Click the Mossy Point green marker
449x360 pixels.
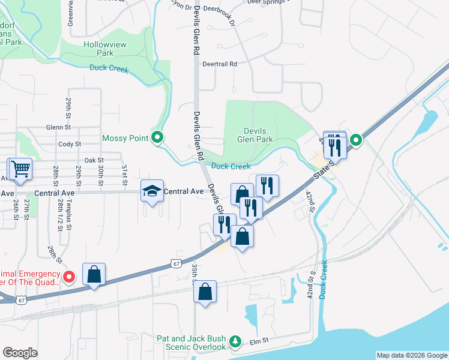157,139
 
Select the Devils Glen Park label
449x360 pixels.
259,135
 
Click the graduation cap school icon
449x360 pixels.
152,191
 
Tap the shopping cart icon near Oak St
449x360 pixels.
20,169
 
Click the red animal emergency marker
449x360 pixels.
69,277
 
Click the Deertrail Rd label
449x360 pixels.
220,64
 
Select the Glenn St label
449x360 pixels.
59,127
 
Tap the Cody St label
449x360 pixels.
70,144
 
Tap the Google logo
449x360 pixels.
20,352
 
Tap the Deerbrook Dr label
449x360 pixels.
219,9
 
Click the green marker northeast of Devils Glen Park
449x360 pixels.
356,140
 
